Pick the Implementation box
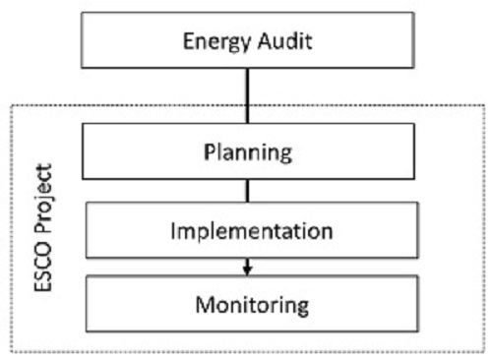point(247,233)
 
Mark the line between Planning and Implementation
point(248,191)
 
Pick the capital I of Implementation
point(173,232)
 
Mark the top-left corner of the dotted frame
point(11,104)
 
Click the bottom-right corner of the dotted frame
point(485,351)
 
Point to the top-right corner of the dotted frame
point(485,104)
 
